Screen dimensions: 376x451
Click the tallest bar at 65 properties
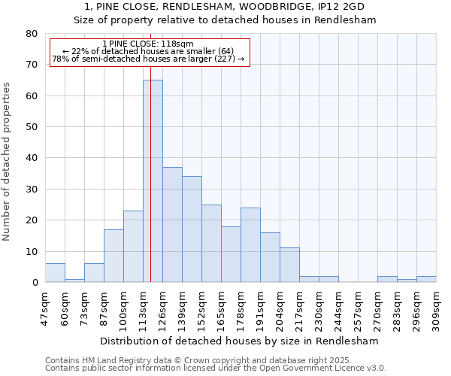(153, 180)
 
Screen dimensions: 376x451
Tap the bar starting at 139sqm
(192, 229)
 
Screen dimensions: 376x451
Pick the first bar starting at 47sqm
(55, 273)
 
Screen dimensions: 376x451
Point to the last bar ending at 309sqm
(426, 279)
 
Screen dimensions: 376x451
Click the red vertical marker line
(150, 150)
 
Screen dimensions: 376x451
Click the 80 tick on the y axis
(31, 34)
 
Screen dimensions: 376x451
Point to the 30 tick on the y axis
(31, 189)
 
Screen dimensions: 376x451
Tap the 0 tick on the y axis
(34, 283)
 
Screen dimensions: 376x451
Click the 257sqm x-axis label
(359, 307)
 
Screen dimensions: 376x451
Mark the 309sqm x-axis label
(437, 307)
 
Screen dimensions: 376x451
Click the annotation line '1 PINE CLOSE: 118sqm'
(148, 44)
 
